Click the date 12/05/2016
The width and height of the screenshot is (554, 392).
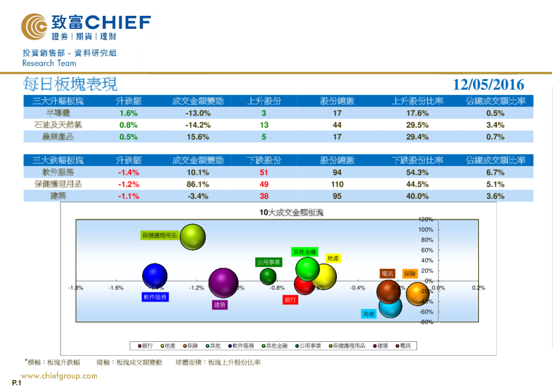[488, 84]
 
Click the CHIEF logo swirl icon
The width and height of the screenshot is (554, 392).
[34, 26]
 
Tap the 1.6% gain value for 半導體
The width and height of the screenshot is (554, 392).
[128, 113]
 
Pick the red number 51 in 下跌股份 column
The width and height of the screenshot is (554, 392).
[264, 173]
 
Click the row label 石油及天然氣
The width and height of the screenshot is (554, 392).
[58, 125]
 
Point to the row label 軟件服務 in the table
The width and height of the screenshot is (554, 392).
[58, 173]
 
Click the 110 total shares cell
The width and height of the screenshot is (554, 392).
[337, 184]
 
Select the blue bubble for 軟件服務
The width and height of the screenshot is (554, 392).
[155, 277]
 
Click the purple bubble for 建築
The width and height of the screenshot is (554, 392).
[222, 283]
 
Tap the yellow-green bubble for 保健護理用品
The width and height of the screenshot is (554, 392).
[193, 238]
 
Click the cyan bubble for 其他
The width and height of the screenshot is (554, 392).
[390, 306]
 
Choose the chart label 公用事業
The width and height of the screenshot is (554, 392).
[268, 262]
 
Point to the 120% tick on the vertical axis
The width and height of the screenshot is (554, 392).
[425, 219]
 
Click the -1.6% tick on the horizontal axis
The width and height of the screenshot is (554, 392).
[116, 288]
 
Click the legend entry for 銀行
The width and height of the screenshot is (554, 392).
[144, 345]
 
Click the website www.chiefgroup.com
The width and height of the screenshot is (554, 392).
[59, 376]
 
